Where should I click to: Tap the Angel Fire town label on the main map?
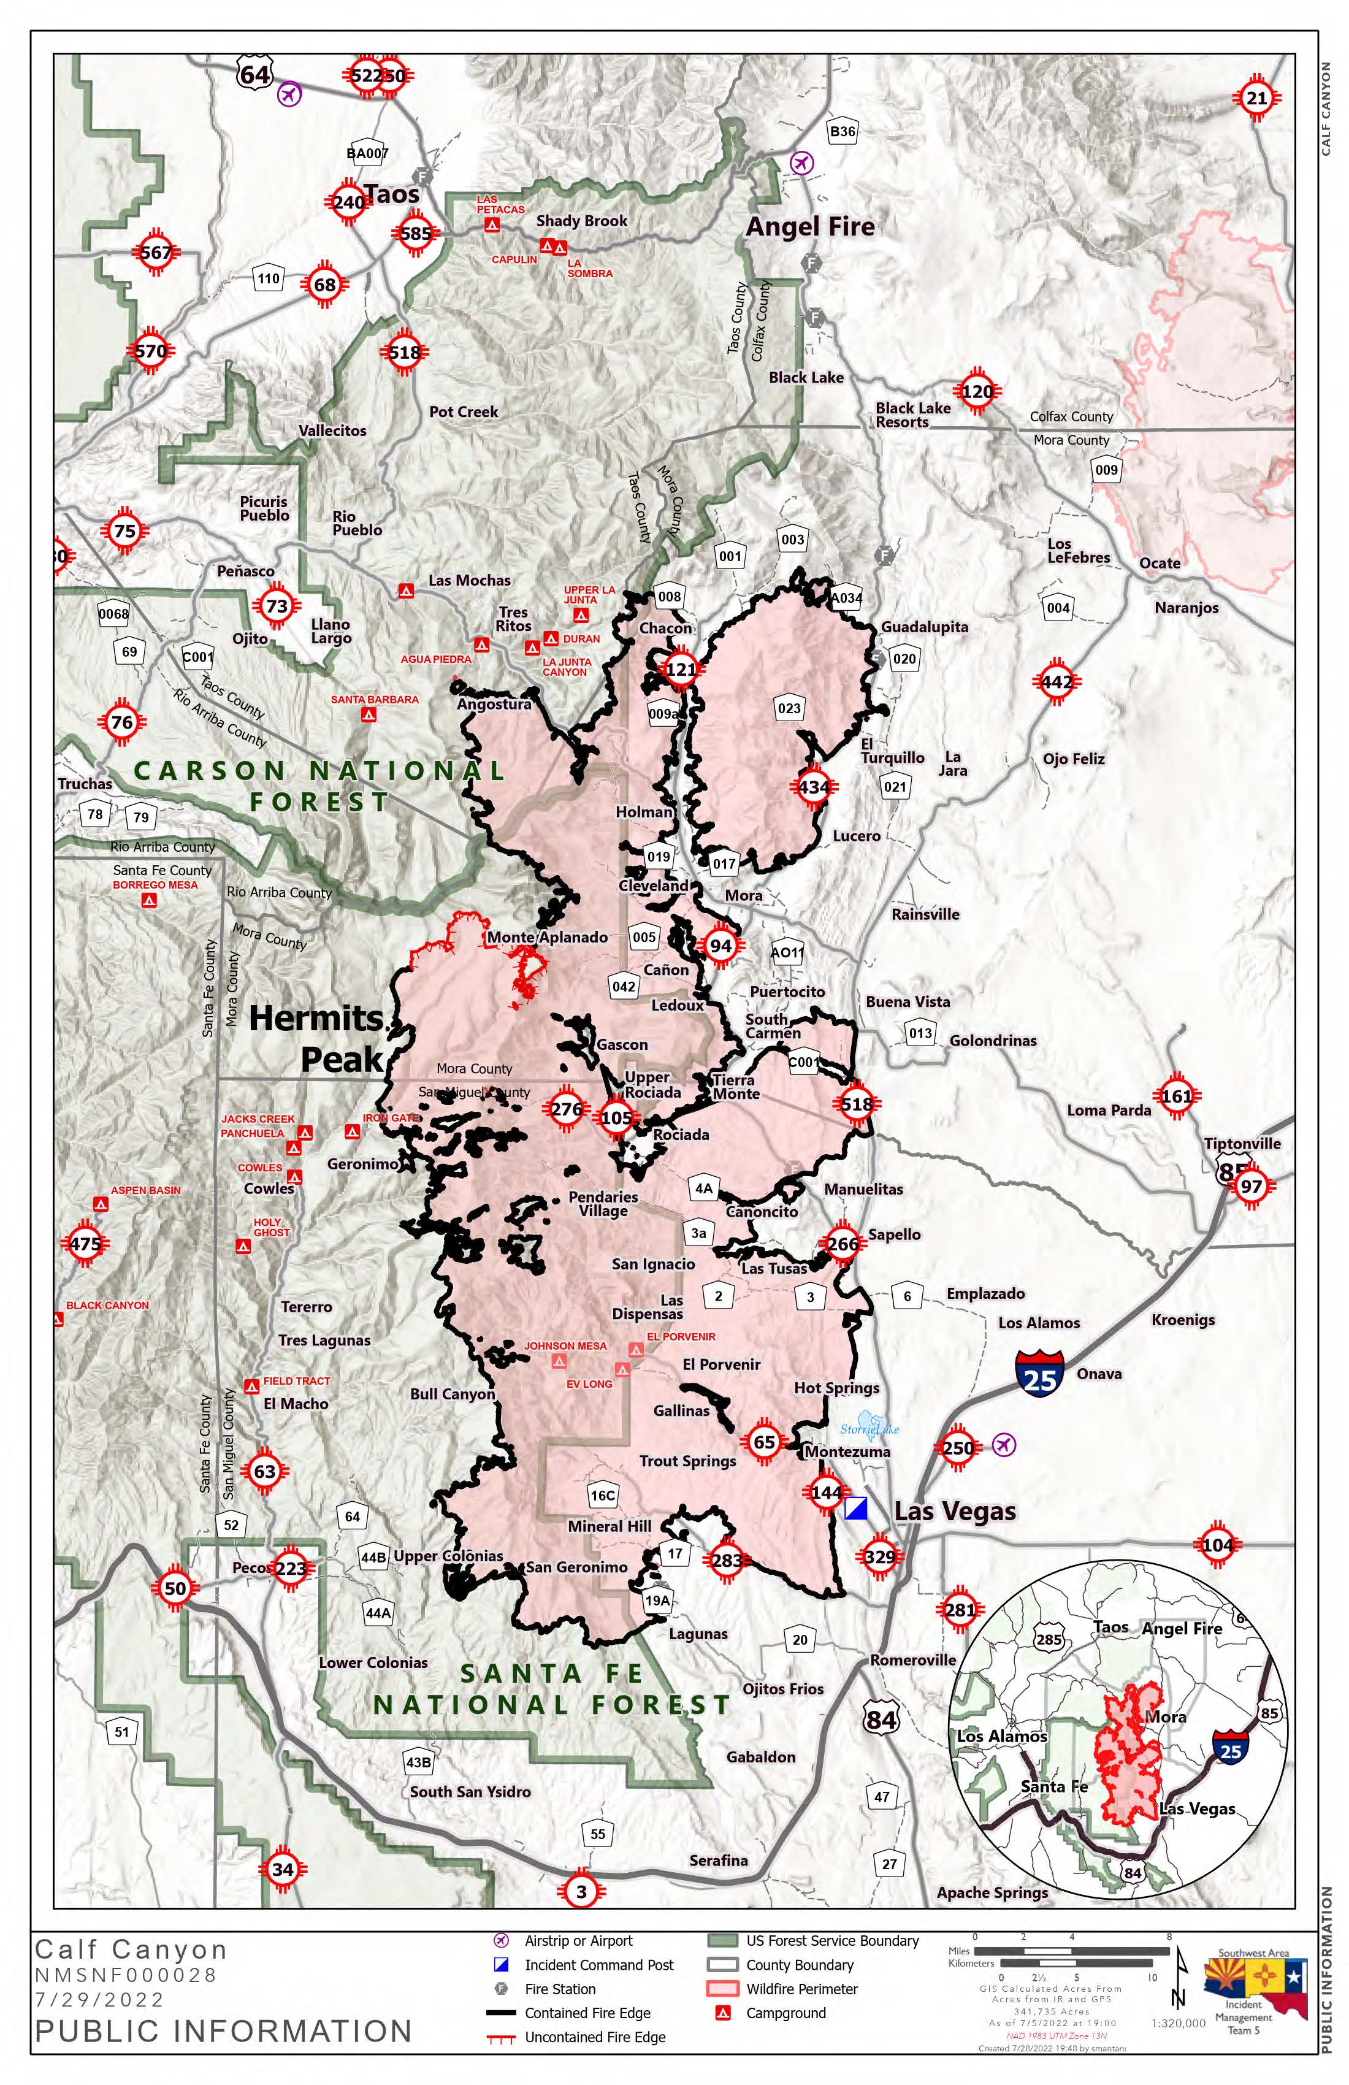tap(810, 227)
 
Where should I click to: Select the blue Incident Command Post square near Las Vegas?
tap(856, 1509)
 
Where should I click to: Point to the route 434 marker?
tap(813, 787)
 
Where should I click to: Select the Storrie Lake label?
tap(869, 1429)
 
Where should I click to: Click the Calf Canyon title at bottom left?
tap(131, 1949)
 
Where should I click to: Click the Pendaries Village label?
tap(603, 1204)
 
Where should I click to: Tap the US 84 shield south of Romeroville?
tap(881, 1720)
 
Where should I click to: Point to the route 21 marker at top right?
tap(1257, 98)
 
